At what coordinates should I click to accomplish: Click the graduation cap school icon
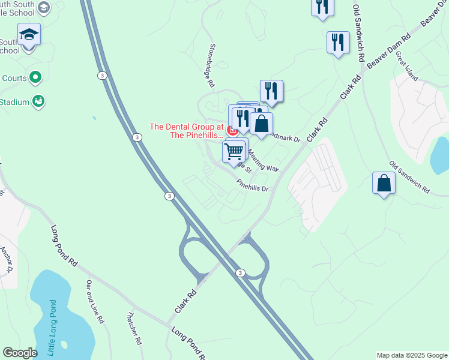point(29,34)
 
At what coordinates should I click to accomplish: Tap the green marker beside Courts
point(35,77)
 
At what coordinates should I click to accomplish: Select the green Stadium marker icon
point(38,101)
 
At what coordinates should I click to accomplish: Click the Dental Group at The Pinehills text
point(186,131)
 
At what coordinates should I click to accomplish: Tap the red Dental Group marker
point(232,130)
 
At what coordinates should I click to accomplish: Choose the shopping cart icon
point(234,151)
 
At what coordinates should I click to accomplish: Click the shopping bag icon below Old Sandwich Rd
point(384,183)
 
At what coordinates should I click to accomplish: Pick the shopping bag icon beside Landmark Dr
point(261,124)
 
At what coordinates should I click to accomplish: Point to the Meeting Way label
point(264,160)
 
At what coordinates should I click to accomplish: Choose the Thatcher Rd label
point(134,328)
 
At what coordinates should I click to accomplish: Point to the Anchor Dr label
point(7,259)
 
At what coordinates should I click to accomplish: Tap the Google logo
point(20,353)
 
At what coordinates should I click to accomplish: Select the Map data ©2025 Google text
point(411,355)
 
